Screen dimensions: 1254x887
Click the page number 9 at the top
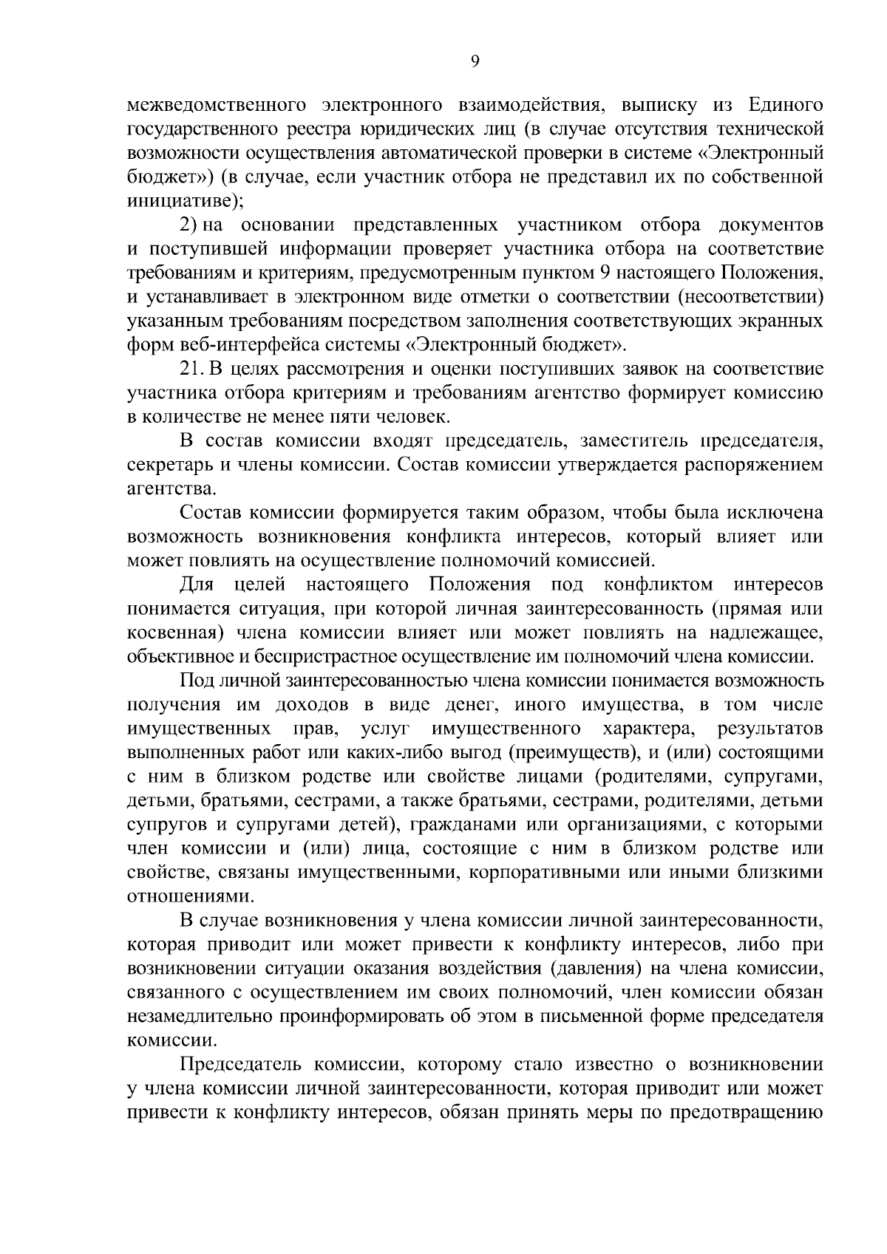pos(475,64)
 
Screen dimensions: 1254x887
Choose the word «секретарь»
pos(166,466)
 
